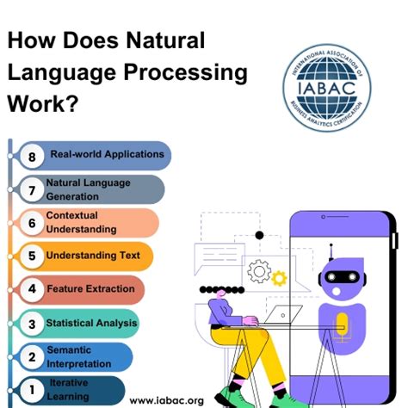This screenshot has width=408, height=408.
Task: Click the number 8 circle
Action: pos(32,156)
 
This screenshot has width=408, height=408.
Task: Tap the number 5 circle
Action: pos(32,257)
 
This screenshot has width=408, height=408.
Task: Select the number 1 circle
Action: pos(32,390)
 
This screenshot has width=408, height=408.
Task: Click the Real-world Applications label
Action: pos(107,155)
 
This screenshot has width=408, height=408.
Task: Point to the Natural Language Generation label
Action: pos(88,189)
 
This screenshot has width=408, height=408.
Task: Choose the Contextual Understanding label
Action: pos(81,222)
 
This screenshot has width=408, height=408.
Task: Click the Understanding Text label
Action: pos(92,256)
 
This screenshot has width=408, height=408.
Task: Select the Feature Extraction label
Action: pos(90,289)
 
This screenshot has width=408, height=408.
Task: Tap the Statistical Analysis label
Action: pos(91,324)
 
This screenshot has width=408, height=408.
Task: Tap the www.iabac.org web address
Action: pos(166,400)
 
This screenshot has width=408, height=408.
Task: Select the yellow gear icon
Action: pos(278,278)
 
